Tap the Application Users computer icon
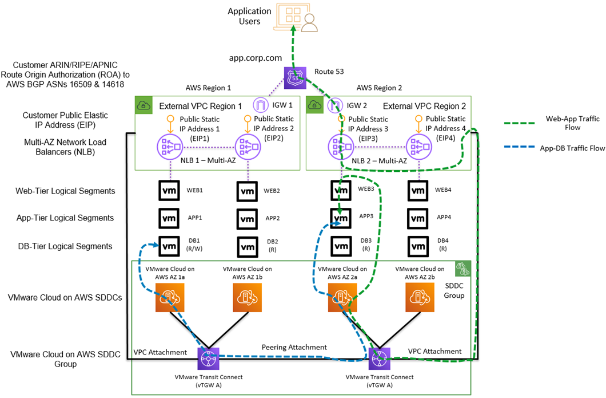(x=296, y=17)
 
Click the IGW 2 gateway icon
(x=337, y=105)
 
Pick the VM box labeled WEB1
(x=169, y=191)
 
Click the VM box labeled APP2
(x=246, y=218)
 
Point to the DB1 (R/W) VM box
(x=169, y=246)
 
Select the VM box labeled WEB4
(x=418, y=191)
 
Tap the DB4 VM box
(x=418, y=246)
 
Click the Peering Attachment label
(x=294, y=347)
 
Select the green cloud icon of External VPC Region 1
(x=142, y=105)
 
